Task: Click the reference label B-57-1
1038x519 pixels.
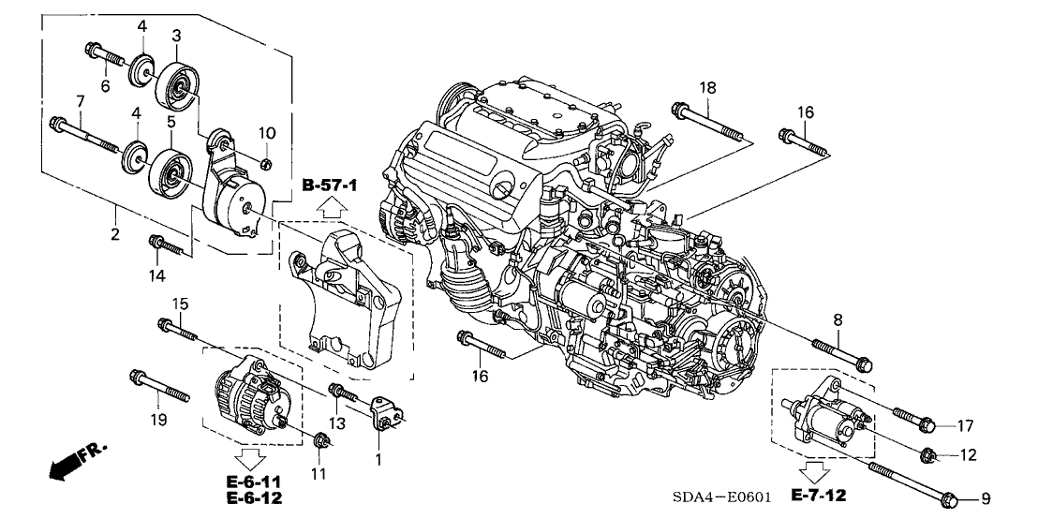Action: [x=330, y=188]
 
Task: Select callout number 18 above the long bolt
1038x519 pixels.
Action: [x=706, y=87]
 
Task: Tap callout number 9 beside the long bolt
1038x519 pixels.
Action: [x=985, y=497]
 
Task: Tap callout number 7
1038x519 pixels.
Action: [x=81, y=101]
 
